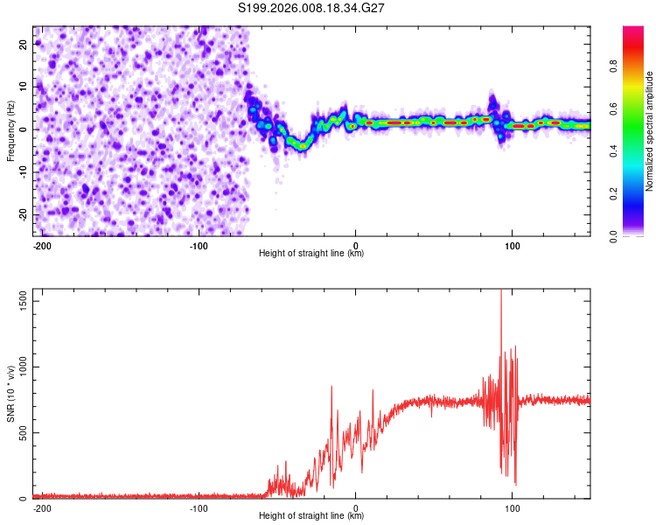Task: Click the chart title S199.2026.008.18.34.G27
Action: pyautogui.click(x=312, y=8)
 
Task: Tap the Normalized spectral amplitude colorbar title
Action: pyautogui.click(x=650, y=131)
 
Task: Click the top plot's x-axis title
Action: pyautogui.click(x=311, y=253)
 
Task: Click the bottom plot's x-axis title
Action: pyautogui.click(x=311, y=515)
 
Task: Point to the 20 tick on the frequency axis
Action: pyautogui.click(x=24, y=44)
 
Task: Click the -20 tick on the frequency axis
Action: pyautogui.click(x=22, y=214)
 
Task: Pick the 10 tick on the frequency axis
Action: pyautogui.click(x=24, y=87)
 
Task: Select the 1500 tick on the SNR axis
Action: pyautogui.click(x=17, y=301)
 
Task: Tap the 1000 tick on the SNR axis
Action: pyautogui.click(x=17, y=367)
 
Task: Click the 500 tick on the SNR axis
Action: pyautogui.click(x=21, y=433)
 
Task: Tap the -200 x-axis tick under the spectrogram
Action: pyautogui.click(x=42, y=245)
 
